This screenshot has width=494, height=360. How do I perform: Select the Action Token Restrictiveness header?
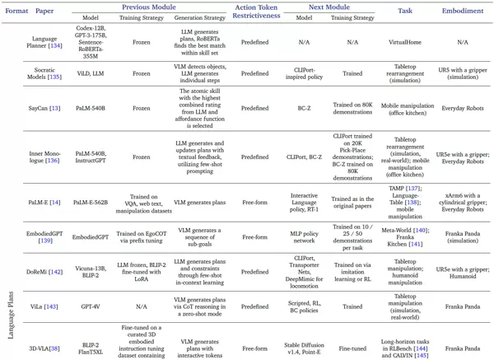click(x=258, y=12)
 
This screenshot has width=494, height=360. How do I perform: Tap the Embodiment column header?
click(x=463, y=12)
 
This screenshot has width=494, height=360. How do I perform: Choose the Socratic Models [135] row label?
click(x=44, y=76)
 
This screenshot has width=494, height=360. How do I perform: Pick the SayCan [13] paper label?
click(x=44, y=108)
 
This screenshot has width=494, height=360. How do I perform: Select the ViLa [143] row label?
click(x=44, y=306)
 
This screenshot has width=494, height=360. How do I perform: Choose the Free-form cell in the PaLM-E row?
click(x=258, y=202)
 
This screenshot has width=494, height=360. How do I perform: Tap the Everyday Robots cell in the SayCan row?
click(x=463, y=108)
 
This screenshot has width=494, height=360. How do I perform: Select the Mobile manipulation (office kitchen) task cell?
click(x=404, y=108)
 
